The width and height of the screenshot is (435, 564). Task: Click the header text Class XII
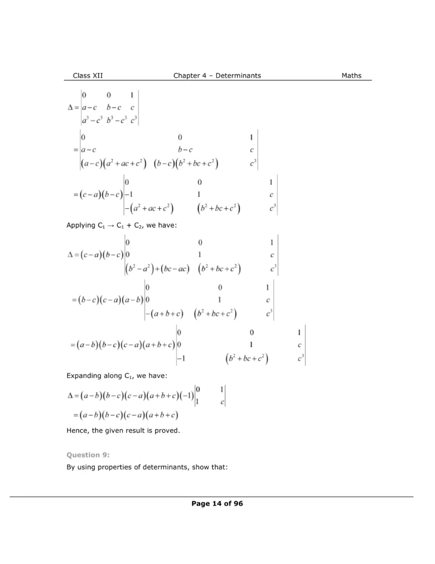click(87, 75)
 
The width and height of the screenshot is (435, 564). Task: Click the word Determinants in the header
click(238, 75)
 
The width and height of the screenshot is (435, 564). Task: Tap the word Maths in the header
click(351, 75)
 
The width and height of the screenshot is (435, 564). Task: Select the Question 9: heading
click(88, 454)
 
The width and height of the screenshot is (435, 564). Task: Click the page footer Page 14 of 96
click(217, 503)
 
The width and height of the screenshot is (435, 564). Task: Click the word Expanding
click(85, 376)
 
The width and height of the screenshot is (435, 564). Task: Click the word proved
click(168, 430)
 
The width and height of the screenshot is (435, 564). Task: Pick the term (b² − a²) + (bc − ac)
click(157, 269)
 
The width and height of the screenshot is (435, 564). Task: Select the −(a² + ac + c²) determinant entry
click(149, 209)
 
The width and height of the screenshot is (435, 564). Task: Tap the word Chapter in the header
click(188, 75)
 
